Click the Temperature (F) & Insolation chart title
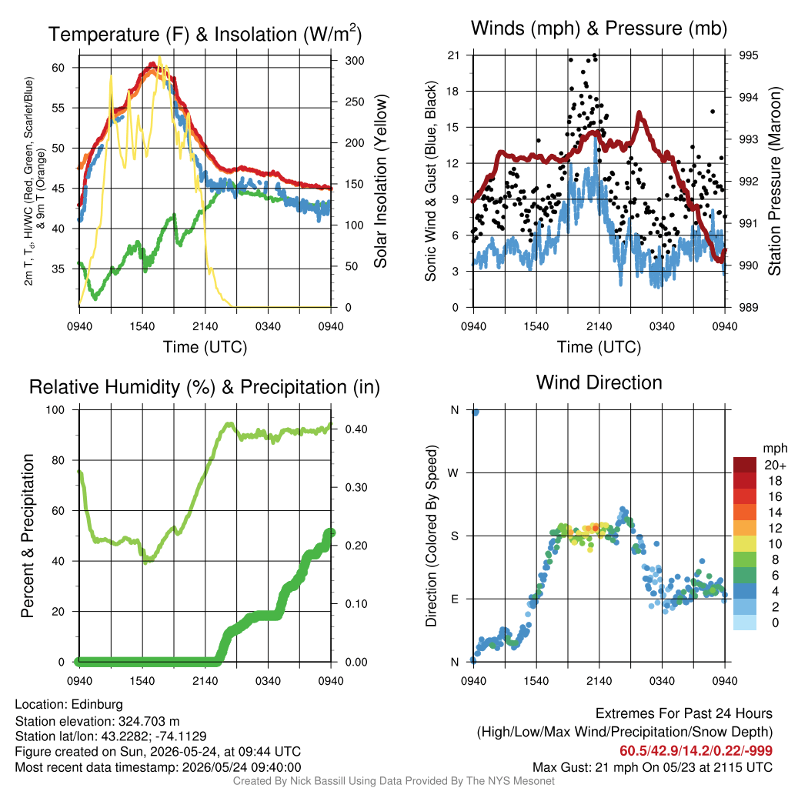tap(205, 34)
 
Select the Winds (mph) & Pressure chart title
tap(599, 28)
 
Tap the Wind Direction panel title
tap(599, 382)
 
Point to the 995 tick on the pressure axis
tap(748, 55)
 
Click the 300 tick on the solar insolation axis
tap(354, 61)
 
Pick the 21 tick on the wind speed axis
tap(453, 55)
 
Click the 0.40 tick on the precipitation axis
tap(356, 429)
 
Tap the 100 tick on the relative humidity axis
tap(55, 410)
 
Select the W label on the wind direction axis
tap(453, 473)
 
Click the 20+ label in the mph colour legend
tap(775, 466)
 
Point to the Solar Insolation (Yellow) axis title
tap(380, 181)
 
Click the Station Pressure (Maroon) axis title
tap(774, 181)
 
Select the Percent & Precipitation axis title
tap(27, 536)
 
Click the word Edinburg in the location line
tap(97, 705)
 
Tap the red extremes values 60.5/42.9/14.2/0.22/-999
tap(696, 751)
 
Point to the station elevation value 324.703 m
tap(149, 722)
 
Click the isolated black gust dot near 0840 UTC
tap(712, 112)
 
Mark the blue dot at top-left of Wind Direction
tap(475, 412)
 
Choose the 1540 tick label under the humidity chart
tap(142, 681)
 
